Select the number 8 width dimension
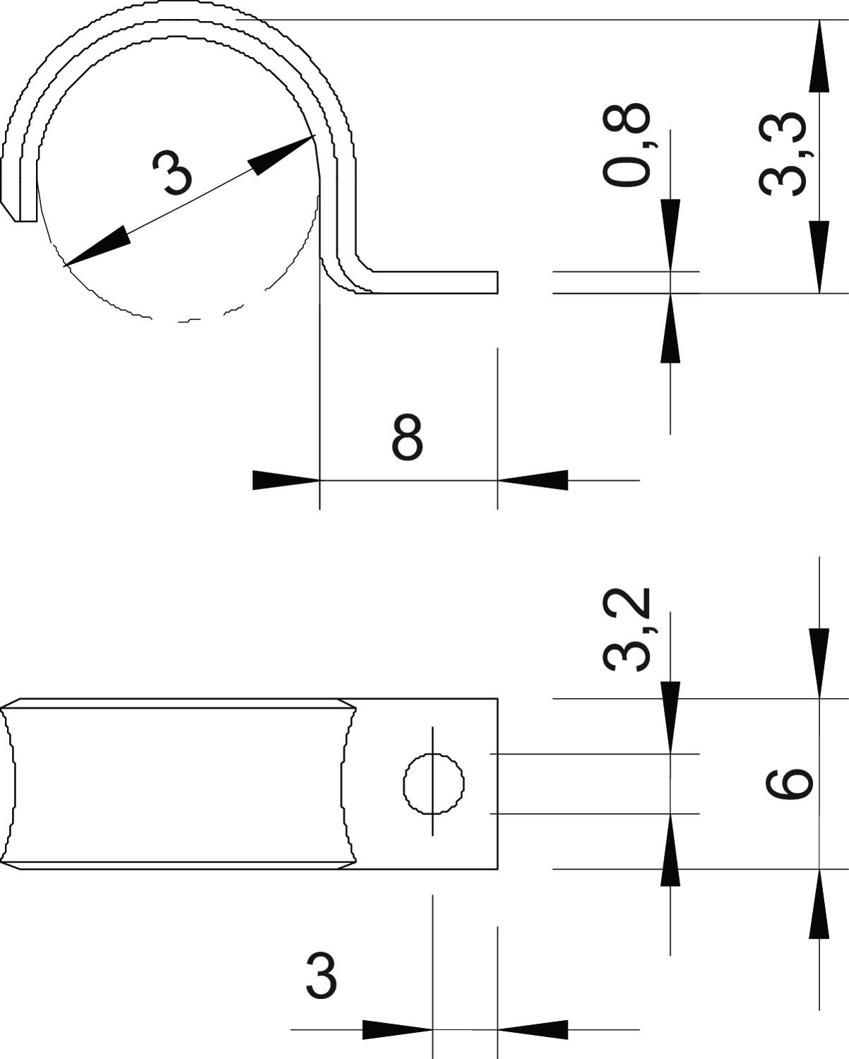click(408, 436)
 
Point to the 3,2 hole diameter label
click(627, 630)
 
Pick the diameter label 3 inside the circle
click(172, 173)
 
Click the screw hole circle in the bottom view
click(434, 784)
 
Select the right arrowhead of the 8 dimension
click(533, 480)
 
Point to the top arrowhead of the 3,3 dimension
click(819, 56)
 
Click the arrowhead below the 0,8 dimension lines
click(670, 328)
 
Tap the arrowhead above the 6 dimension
click(819, 664)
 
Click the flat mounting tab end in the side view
click(497, 282)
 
